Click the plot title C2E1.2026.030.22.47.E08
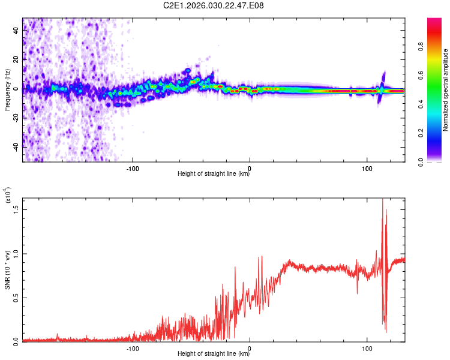point(214,6)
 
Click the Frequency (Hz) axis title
point(7,90)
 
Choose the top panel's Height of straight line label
point(214,174)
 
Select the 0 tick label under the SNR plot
point(250,347)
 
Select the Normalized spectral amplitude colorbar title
point(445,90)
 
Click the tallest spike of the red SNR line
point(382,200)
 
